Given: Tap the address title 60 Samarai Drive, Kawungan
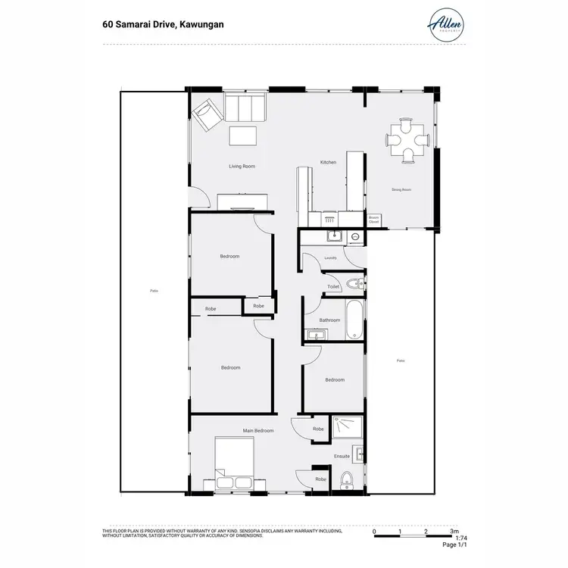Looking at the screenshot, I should pos(163,24).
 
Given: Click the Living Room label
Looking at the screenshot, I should pos(242,166).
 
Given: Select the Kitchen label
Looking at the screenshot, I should pos(328,162).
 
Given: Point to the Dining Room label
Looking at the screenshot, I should pos(401,189).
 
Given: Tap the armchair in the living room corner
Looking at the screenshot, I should pos(206,116).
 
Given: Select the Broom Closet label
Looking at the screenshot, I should pos(373,220).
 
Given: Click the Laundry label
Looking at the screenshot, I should pos(330,257).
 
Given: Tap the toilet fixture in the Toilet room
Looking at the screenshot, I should pos(356,284).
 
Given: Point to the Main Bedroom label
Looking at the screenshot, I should pos(258,430).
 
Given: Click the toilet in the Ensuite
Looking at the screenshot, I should pos(348,479).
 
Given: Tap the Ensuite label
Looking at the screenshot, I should pos(342,456).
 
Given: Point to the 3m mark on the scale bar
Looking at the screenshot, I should pos(454,532).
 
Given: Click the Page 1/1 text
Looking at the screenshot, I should pos(454,545).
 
